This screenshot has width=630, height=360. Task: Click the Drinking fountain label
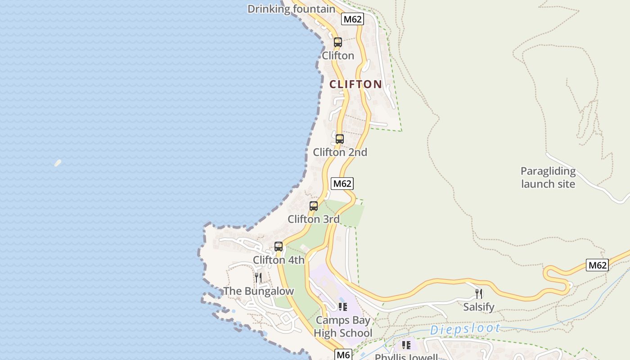click(291, 9)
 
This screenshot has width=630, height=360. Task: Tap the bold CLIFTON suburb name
click(355, 84)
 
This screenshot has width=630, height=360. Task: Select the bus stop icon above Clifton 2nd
click(340, 139)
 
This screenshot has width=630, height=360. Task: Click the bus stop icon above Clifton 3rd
click(314, 206)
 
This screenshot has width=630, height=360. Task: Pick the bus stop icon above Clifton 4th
click(279, 247)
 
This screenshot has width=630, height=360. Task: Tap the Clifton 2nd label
click(340, 152)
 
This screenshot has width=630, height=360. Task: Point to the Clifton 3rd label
click(314, 219)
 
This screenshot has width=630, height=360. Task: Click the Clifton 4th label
click(279, 260)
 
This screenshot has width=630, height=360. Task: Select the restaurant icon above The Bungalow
click(258, 277)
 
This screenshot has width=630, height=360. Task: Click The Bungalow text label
click(258, 291)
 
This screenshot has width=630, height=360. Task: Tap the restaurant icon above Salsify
click(479, 294)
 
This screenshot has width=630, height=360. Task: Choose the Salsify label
click(479, 307)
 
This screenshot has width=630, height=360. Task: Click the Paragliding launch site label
click(548, 177)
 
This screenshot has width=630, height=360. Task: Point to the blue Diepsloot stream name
click(465, 329)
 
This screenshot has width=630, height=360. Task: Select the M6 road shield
click(343, 355)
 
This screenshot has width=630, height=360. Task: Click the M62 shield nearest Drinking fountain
click(352, 19)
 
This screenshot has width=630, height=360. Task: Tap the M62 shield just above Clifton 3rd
click(342, 184)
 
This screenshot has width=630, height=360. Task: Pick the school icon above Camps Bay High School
click(343, 307)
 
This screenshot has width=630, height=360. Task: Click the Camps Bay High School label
click(343, 327)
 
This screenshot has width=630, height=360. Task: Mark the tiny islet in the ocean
click(58, 163)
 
